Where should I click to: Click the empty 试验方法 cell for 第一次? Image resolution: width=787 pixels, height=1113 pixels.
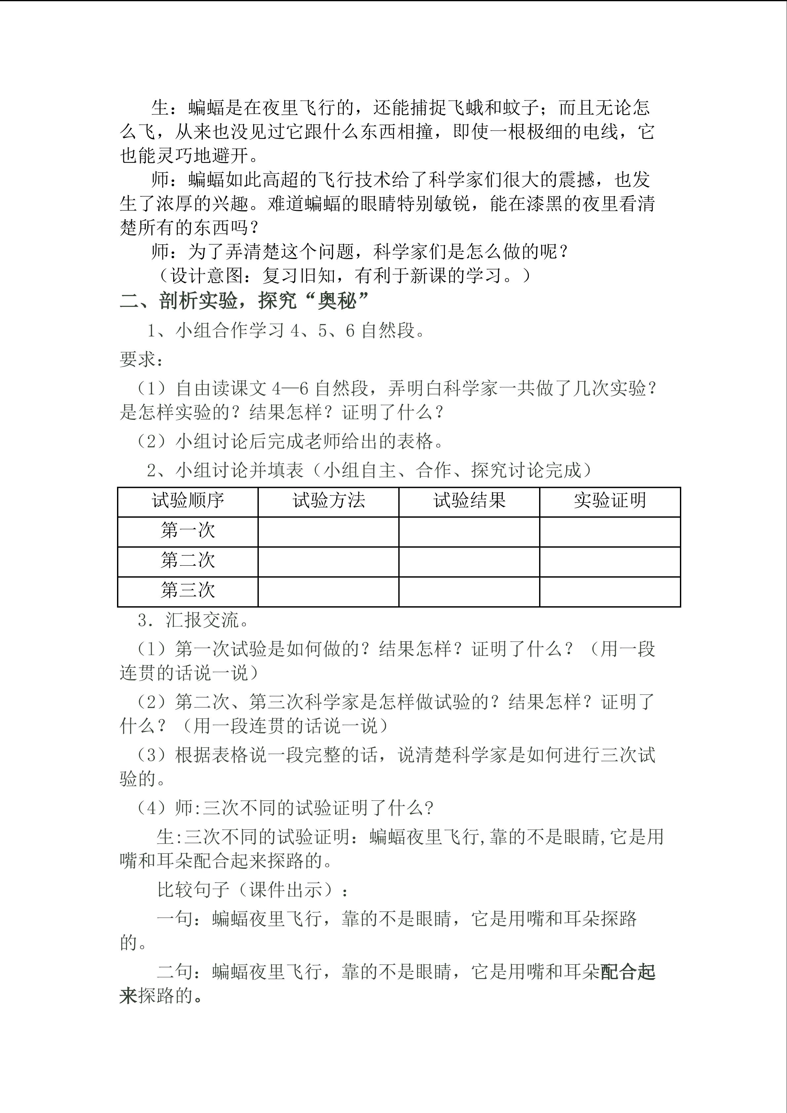pyautogui.click(x=328, y=532)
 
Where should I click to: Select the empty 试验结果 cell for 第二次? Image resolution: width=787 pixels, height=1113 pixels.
pyautogui.click(x=469, y=562)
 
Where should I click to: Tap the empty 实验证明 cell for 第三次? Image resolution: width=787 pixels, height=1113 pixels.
pyautogui.click(x=610, y=592)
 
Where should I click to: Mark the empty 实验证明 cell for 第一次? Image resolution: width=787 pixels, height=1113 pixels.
pyautogui.click(x=610, y=532)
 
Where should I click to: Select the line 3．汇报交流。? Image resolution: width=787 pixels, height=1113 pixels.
pyautogui.click(x=193, y=620)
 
